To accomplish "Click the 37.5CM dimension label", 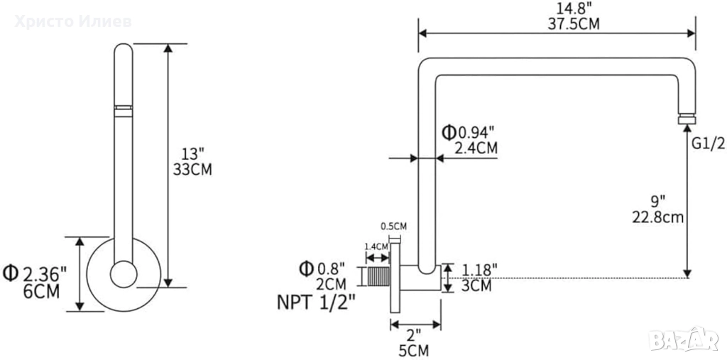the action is point(573,24).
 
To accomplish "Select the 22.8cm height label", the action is point(658,217).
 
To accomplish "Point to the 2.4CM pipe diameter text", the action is point(476,148).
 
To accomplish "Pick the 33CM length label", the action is point(192,170).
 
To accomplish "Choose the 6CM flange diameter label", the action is point(41,292).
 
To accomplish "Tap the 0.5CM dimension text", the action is point(393,227).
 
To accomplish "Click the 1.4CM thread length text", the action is point(376,246).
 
